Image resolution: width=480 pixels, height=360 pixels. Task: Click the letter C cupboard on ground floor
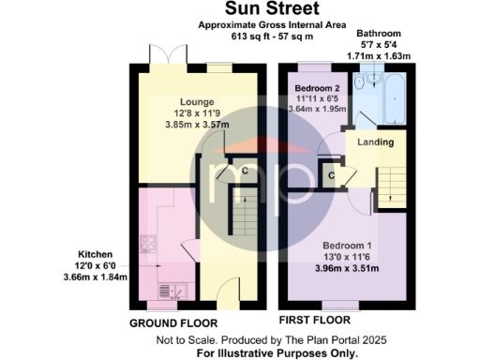[245, 170]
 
